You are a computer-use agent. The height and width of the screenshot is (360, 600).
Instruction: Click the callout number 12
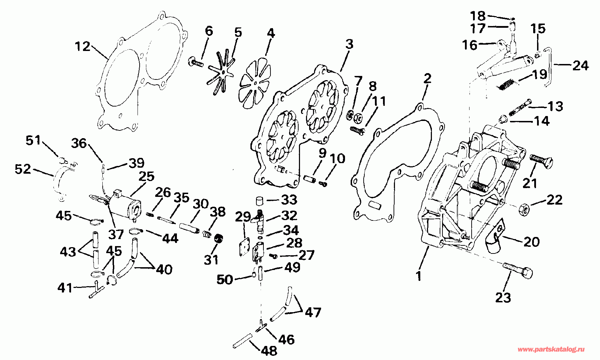(83, 46)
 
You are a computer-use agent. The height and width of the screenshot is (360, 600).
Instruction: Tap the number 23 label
(503, 298)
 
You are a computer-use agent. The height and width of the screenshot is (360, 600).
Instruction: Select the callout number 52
(23, 169)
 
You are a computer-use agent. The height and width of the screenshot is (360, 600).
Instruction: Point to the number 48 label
(269, 351)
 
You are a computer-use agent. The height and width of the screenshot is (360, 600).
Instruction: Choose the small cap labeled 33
(259, 201)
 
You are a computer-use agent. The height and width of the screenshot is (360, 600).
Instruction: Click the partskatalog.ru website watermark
(551, 349)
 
